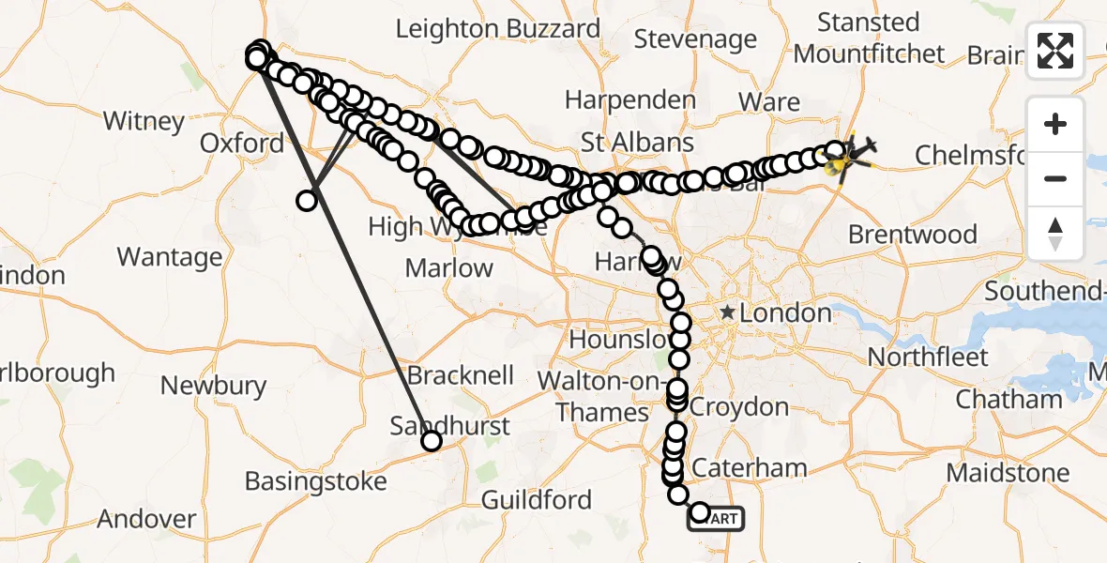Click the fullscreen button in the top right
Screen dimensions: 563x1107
[x=1055, y=51]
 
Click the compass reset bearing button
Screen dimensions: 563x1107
[x=1055, y=233]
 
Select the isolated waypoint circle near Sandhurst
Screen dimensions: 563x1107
[x=432, y=441]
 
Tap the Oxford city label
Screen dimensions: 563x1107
[x=242, y=144]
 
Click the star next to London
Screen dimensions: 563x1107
[x=726, y=312]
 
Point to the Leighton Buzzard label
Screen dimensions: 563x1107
[x=497, y=29]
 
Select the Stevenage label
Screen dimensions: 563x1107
[x=695, y=39]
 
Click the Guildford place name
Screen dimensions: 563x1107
[x=537, y=500]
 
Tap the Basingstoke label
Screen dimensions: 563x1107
[x=315, y=481]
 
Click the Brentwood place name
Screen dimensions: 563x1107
[x=912, y=235]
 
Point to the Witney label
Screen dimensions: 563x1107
[x=144, y=121]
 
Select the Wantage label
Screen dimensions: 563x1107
[x=170, y=257]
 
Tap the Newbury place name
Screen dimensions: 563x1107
[x=214, y=386]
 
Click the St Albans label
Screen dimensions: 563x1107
[x=637, y=143]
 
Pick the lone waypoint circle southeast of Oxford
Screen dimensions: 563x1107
[x=306, y=200]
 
